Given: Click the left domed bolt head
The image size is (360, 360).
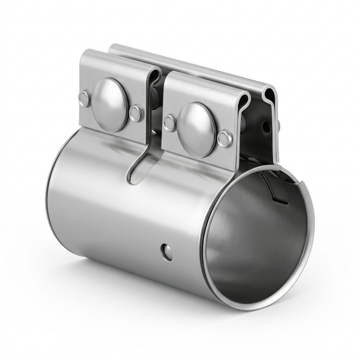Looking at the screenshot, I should coord(110,104).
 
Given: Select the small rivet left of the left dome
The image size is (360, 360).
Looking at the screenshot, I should coord(84,99).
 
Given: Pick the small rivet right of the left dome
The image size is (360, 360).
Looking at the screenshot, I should coord(137,113).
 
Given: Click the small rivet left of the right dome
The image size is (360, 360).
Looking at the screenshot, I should coord(170,122).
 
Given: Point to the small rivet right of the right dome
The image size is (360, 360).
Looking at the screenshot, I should coord(225,139).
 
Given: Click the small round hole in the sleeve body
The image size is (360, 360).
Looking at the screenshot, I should coord(166,252).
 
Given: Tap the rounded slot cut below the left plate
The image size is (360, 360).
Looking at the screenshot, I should coord(138,169).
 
